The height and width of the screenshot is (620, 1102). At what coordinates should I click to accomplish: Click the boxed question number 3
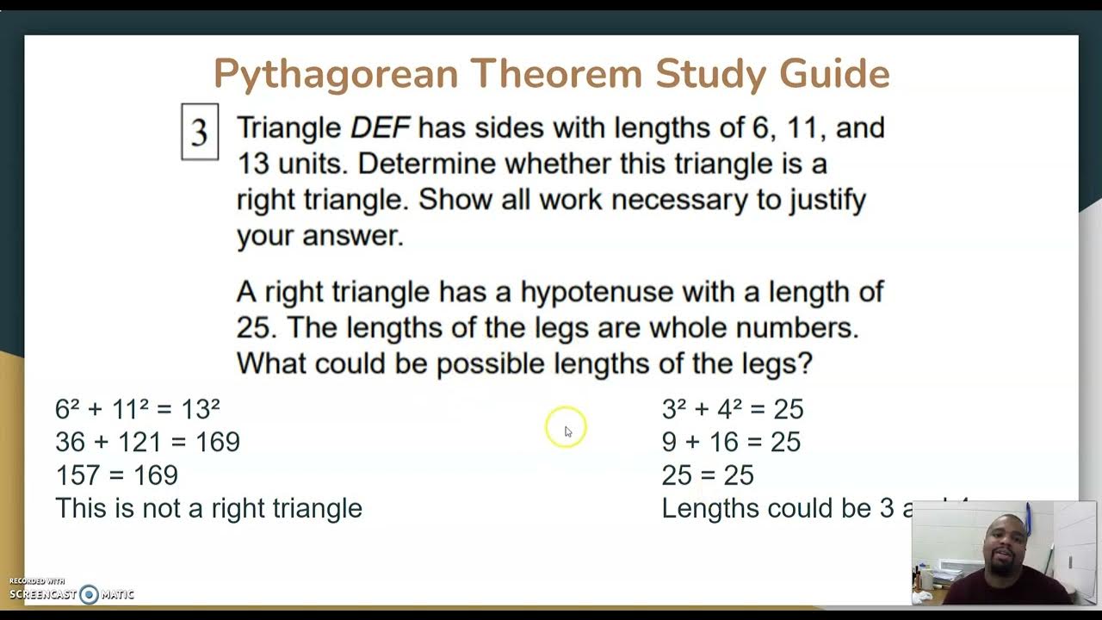coord(200,132)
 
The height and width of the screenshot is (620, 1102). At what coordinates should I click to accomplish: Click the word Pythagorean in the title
coord(336,74)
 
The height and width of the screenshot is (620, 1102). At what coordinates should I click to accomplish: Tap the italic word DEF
coord(380,128)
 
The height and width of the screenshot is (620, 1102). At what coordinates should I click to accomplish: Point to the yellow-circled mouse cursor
coord(566,429)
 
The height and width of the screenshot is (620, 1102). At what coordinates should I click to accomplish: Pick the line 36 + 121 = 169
coord(147,442)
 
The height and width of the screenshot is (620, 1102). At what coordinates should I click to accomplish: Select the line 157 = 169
coord(116,475)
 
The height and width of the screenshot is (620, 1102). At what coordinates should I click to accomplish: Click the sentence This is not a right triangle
coord(208,508)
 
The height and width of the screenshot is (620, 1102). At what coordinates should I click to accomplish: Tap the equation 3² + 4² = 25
coord(732,409)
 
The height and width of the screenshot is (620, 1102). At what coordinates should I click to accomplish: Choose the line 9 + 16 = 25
coord(731,442)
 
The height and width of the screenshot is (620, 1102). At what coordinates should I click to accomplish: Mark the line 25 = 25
coord(707,475)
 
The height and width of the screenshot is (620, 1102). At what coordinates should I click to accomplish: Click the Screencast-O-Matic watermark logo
coord(72,593)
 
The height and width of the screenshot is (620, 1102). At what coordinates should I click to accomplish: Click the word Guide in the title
coord(834,74)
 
